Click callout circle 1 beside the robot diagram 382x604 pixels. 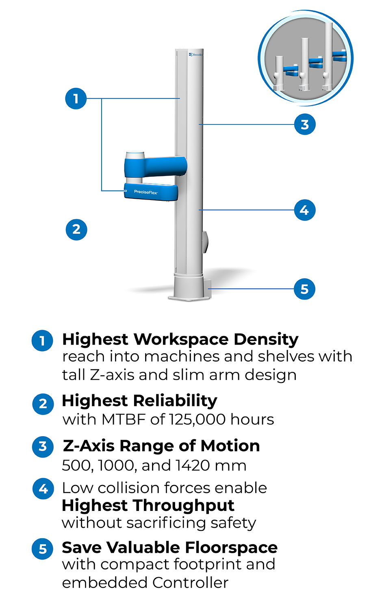tap(76, 98)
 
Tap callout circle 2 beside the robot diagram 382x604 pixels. tap(76, 229)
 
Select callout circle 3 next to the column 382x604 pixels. tap(305, 124)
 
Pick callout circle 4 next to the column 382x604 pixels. tap(305, 210)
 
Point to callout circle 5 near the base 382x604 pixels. tap(305, 289)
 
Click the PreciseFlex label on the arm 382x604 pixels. tap(146, 192)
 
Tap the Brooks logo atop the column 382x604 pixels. tap(195, 54)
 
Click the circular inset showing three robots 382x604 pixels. tap(306, 58)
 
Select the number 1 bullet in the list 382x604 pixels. tap(43, 341)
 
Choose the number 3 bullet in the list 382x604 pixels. tap(43, 446)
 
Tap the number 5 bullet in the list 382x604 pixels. tap(43, 549)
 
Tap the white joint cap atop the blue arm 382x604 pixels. tap(135, 156)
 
